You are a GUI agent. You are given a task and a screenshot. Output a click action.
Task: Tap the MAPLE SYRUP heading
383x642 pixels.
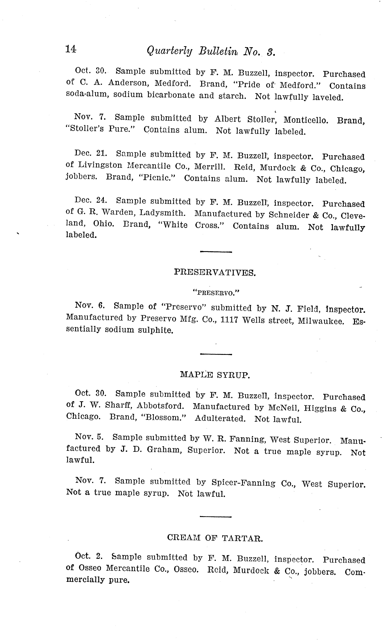coord(215,375)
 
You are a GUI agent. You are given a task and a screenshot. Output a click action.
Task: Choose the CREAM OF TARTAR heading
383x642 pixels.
coord(215,538)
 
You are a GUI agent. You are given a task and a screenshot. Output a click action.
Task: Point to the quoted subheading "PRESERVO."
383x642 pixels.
coord(216,293)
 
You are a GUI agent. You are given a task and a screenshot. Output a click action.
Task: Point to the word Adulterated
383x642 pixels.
coord(220,418)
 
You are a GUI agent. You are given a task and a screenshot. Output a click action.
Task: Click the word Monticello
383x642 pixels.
coord(306,120)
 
